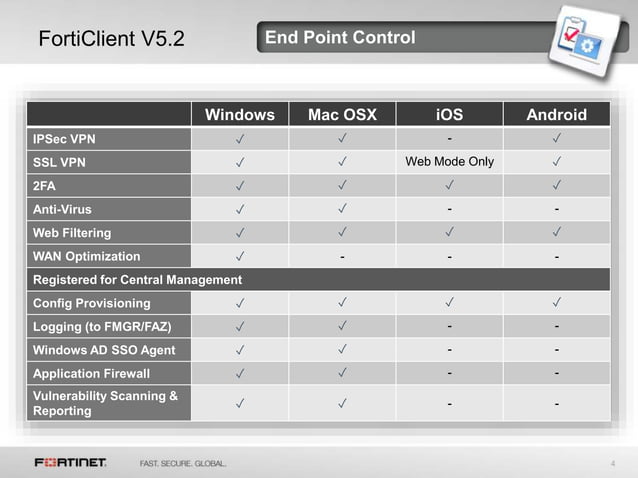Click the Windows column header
(240, 114)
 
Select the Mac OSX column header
(342, 114)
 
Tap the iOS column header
(449, 114)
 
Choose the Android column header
(556, 114)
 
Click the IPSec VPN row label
(65, 138)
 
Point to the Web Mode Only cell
(449, 161)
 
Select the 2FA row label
(46, 185)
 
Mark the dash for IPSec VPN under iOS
(449, 138)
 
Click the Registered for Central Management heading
(137, 279)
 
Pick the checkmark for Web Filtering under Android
(556, 232)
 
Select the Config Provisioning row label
(92, 303)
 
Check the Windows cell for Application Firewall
(240, 374)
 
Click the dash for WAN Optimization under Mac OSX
(342, 256)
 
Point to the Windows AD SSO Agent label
(104, 350)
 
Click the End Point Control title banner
(340, 39)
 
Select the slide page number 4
(611, 463)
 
